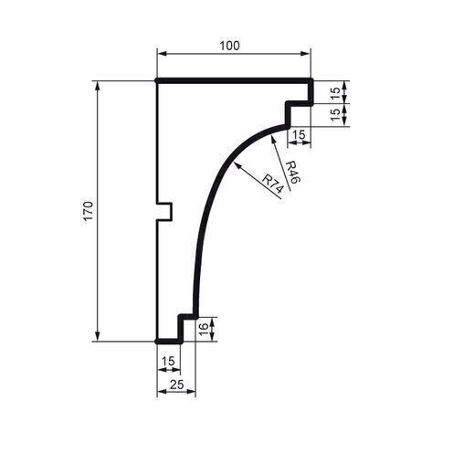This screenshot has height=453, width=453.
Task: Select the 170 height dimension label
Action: [88, 211]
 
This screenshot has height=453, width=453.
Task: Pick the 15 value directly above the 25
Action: [167, 362]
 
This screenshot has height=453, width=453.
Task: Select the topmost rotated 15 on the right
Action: [334, 92]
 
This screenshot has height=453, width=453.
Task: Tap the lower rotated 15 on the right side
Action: [334, 115]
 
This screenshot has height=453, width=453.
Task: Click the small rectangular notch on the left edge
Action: [165, 211]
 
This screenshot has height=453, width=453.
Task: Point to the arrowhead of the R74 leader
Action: [236, 163]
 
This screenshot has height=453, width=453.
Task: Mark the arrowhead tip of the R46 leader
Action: [272, 136]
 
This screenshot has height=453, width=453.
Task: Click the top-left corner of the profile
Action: [158, 81]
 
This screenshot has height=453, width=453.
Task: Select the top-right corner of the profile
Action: [311, 81]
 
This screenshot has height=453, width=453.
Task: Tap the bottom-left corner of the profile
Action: [158, 341]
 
